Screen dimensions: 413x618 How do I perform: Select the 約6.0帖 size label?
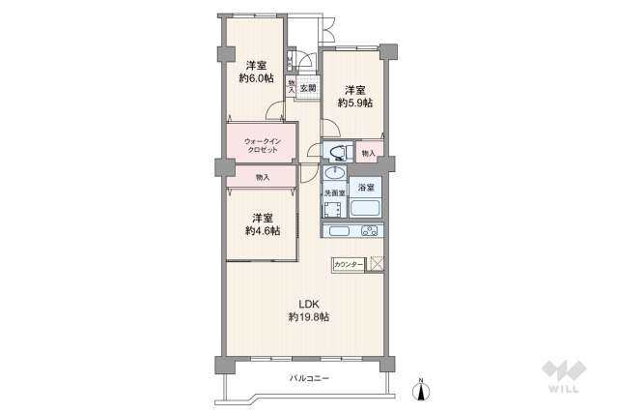pos(256,78)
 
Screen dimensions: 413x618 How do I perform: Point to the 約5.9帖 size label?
pos(353,103)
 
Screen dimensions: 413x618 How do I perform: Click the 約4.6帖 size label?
pos(262,231)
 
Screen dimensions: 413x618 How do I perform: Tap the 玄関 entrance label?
pos(307,88)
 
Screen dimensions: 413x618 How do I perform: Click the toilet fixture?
pos(335,151)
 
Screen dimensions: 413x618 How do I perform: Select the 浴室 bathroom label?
pos(366,187)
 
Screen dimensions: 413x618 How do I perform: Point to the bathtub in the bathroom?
pos(366,208)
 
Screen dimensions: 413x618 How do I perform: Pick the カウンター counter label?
pos(349,264)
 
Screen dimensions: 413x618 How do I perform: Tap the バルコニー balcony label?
pos(309,378)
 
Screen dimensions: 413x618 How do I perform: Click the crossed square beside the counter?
pos(377,263)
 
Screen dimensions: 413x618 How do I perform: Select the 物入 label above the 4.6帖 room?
pos(263,178)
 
